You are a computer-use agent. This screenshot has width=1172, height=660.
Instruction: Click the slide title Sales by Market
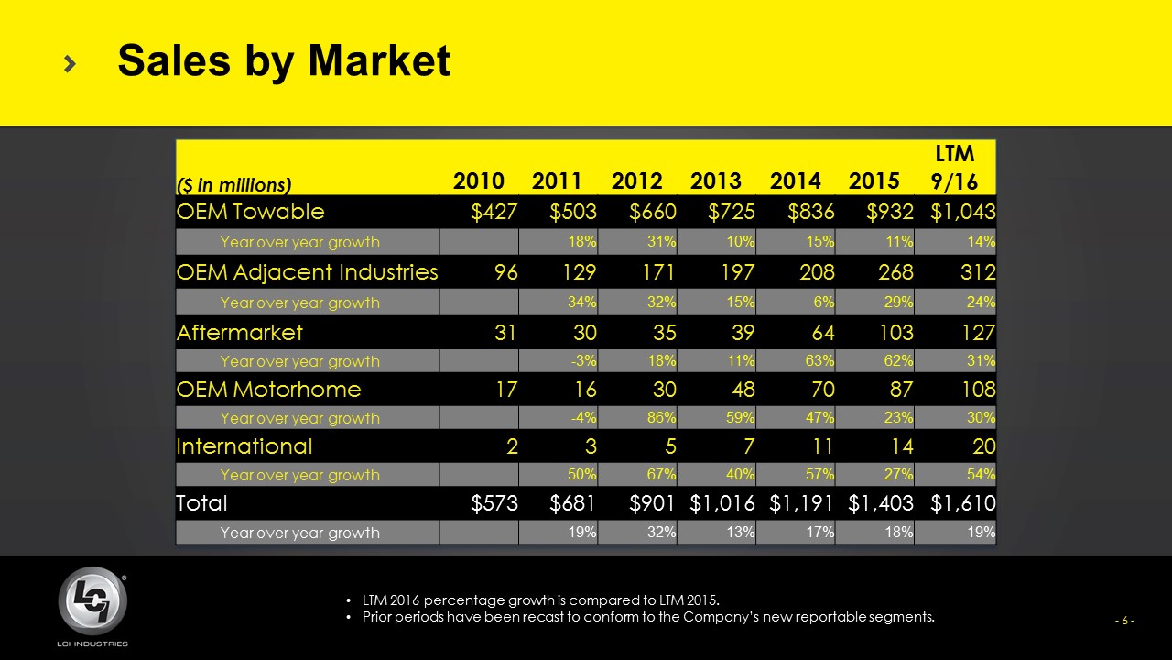pos(284,61)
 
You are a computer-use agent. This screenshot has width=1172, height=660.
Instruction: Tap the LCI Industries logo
pos(92,603)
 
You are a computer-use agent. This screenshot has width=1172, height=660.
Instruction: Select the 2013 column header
pos(716,181)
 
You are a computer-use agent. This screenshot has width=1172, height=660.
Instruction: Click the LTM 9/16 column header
pos(954,167)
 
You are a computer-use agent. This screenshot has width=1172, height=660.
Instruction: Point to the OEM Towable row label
pos(250,212)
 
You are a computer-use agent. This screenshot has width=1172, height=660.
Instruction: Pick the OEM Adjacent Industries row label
pos(307,271)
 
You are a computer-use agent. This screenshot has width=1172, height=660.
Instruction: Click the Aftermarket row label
pos(239,331)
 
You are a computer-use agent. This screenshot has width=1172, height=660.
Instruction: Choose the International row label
pos(244,446)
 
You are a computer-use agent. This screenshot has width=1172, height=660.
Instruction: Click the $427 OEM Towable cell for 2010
pos(494,212)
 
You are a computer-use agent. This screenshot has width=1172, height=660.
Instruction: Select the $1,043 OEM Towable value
pos(963,212)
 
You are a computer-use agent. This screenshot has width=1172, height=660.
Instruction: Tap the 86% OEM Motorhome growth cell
pos(659,418)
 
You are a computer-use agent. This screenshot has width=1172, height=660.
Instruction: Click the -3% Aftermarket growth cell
pos(581,361)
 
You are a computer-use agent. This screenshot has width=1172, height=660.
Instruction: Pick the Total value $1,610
pos(963,503)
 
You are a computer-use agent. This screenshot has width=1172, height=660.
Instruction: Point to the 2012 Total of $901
pos(653,503)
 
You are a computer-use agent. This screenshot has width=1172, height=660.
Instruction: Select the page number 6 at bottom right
pos(1124,621)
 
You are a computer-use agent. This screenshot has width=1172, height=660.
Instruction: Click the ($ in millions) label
pos(233,185)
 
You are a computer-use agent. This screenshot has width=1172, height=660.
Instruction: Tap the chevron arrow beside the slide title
pos(71,62)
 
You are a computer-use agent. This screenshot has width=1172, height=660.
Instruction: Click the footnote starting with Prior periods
pos(648,616)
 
